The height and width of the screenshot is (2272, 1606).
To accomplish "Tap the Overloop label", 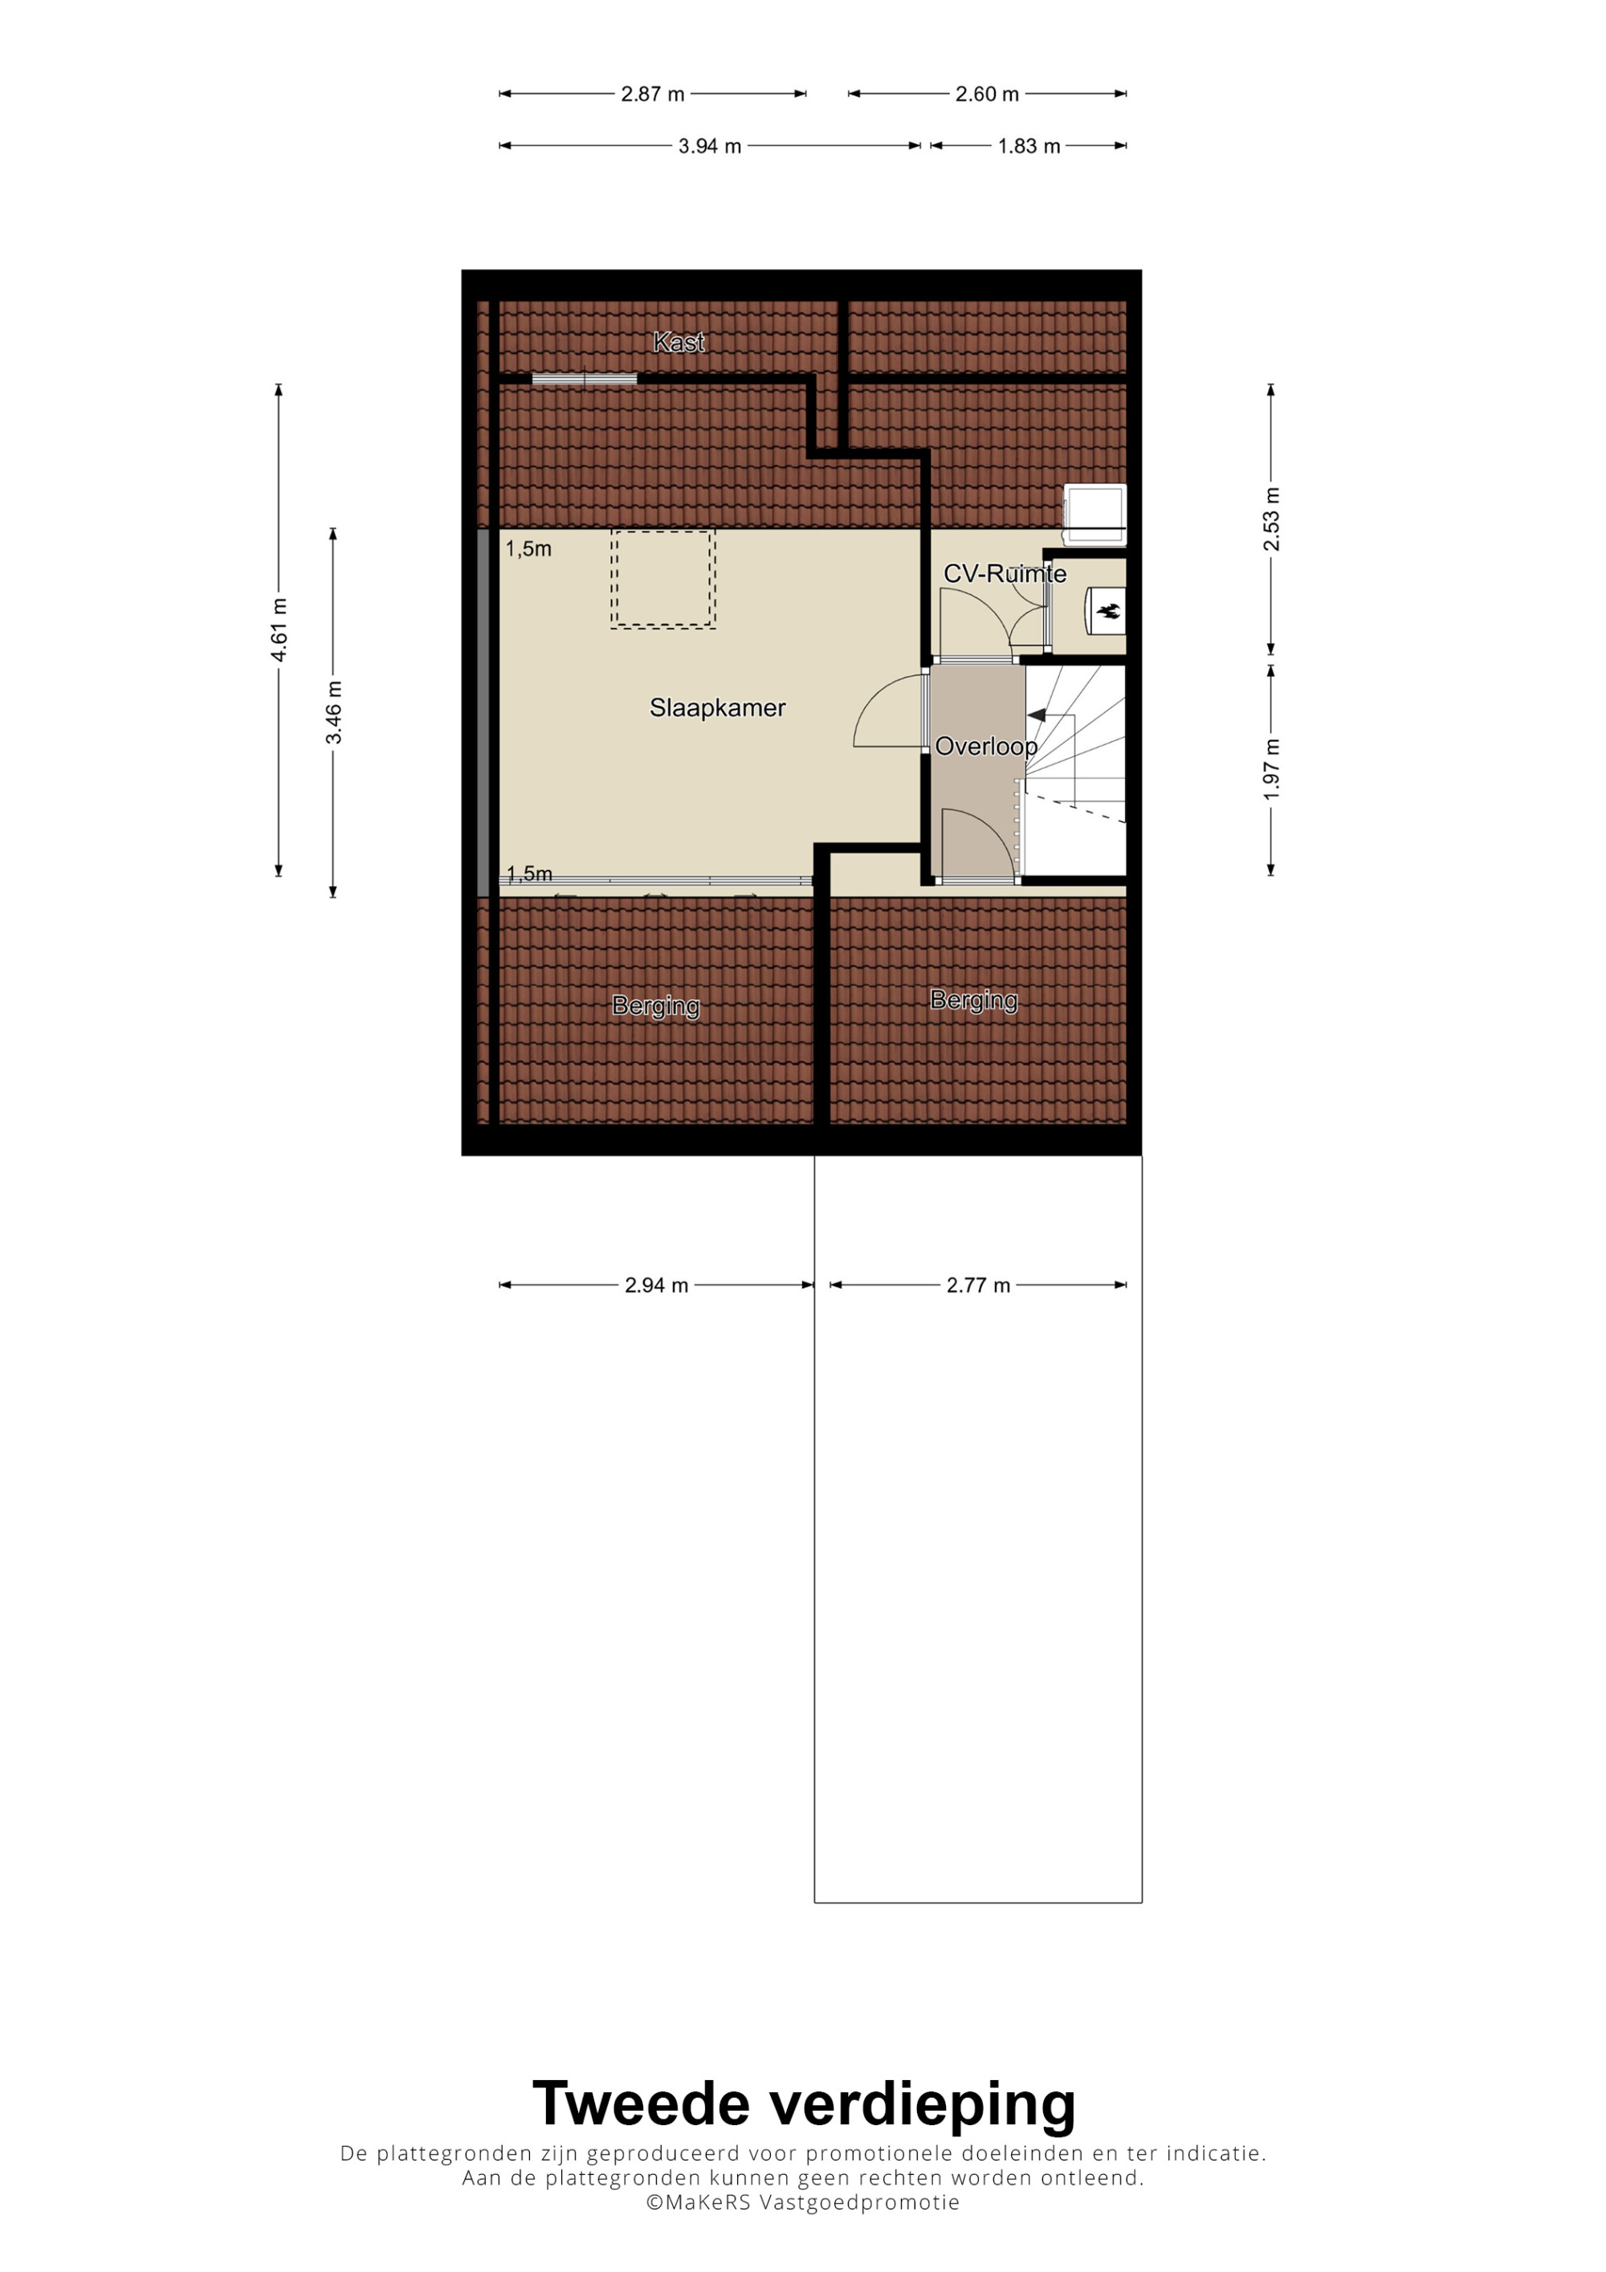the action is point(987,746).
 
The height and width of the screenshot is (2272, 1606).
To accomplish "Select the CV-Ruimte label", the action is point(1005,574).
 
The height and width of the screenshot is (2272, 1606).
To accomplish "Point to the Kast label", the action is point(679,342).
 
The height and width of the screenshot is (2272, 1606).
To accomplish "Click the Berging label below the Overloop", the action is point(974,1000).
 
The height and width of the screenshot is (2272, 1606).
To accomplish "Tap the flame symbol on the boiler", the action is point(1108,612).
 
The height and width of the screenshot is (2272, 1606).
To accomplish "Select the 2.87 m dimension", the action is point(653,94).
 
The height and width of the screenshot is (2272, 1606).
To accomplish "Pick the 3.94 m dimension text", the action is point(710,146).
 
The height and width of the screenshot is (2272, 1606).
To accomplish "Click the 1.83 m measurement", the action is point(1029,146).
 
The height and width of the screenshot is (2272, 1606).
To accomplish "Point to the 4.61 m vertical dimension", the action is point(280,630).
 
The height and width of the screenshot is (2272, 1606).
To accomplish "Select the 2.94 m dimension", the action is point(656,1285).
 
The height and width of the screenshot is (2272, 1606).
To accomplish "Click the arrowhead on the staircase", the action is point(1037,715).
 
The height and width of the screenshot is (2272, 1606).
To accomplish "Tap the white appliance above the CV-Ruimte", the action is point(1094,515).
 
